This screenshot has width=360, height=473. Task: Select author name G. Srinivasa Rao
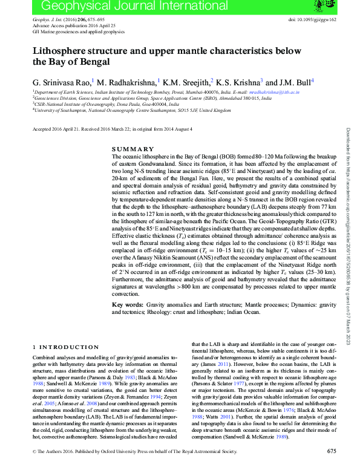coord(60,82)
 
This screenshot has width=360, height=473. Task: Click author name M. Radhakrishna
coord(126,82)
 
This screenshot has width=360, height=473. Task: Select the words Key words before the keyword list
coord(128,306)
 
